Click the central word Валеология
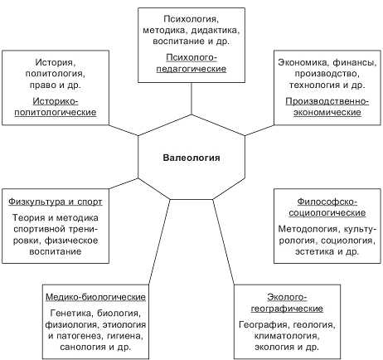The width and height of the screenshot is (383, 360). [191, 158]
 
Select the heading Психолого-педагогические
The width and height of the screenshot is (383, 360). [191, 63]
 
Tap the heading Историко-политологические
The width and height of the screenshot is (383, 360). [56, 107]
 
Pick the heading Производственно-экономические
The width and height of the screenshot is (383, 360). [327, 107]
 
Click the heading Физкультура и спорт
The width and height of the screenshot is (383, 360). [56, 202]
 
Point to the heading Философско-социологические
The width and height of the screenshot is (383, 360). [327, 207]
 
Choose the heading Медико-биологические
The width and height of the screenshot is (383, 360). [95, 297]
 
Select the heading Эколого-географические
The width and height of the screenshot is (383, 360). [287, 303]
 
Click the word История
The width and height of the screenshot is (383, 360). [55, 62]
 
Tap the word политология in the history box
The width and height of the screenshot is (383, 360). [56, 74]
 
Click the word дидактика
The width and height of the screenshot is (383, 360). [214, 30]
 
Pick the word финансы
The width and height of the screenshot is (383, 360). [355, 62]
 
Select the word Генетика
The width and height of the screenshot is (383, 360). [72, 314]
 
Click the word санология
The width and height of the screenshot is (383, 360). [83, 347]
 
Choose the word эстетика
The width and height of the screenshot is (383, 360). [314, 251]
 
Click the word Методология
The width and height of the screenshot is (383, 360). [308, 229]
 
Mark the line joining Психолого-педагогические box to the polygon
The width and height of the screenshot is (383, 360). [191, 99]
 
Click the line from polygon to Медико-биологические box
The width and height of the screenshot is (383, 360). [159, 242]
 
